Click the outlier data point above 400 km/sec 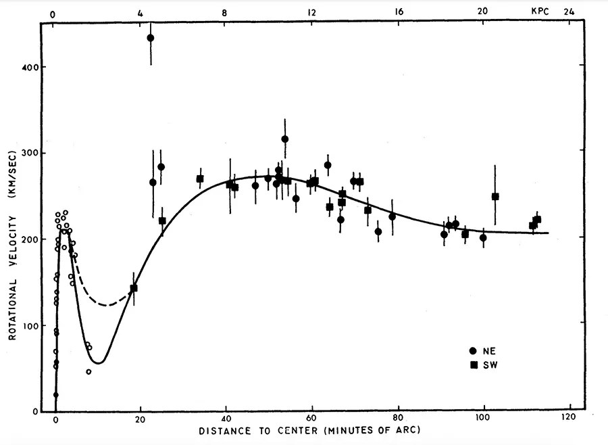click(151, 38)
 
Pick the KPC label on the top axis click(541, 12)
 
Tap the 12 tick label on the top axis click(311, 12)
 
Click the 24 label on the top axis click(569, 12)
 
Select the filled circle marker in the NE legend click(473, 350)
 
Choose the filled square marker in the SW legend click(474, 365)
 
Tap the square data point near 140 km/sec click(134, 288)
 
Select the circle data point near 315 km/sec click(285, 139)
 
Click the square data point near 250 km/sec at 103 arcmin click(495, 197)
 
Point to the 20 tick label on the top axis click(482, 12)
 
